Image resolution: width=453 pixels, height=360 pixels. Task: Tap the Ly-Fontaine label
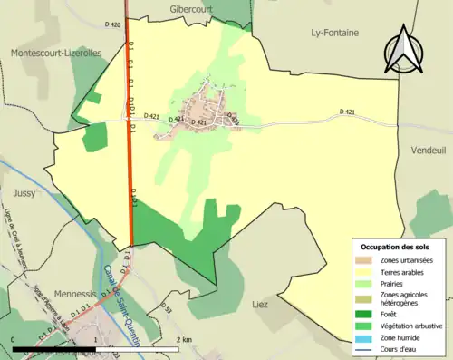click(x=334, y=33)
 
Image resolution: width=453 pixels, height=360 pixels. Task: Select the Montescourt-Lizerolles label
click(x=56, y=53)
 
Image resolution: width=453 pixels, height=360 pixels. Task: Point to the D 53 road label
click(x=167, y=310)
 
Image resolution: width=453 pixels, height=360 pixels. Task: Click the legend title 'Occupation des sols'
click(x=397, y=247)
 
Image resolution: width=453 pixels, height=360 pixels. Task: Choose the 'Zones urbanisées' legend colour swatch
click(x=367, y=260)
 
